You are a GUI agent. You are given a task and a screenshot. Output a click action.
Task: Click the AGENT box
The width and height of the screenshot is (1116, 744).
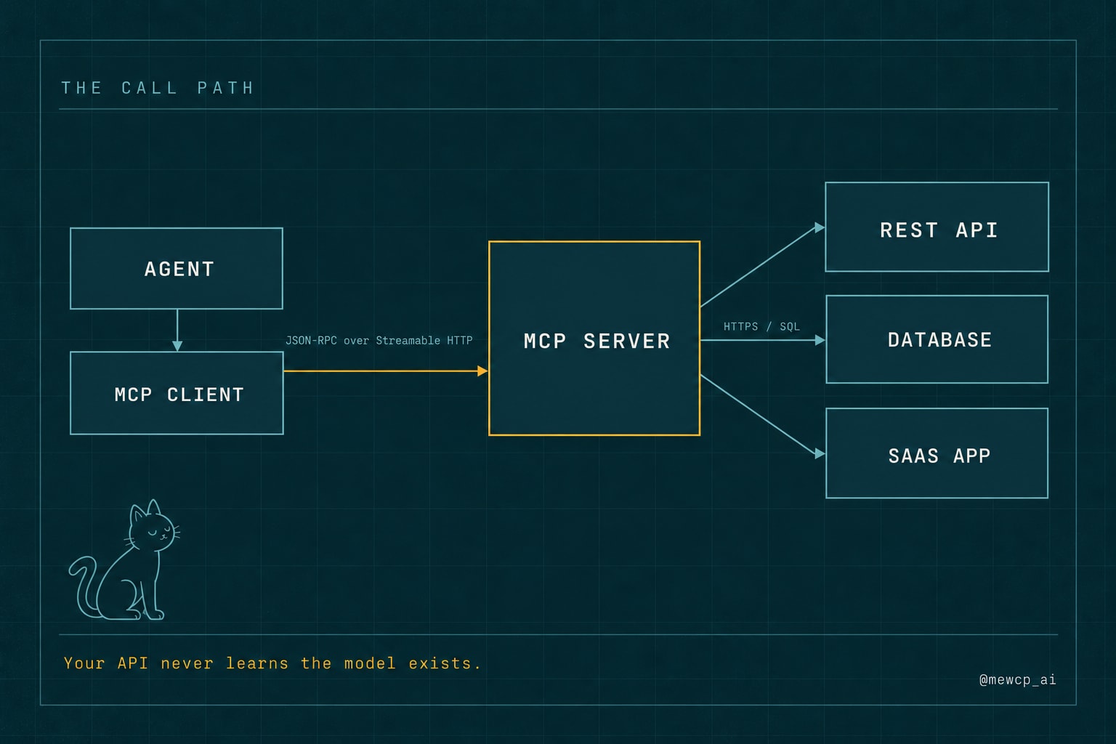[x=177, y=269]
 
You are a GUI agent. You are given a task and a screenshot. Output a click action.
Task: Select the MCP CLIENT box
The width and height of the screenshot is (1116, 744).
[x=177, y=393]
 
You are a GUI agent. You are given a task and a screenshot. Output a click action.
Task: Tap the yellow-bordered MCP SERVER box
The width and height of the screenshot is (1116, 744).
[x=594, y=339]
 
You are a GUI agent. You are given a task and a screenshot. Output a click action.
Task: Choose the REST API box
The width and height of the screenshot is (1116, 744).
[x=937, y=227]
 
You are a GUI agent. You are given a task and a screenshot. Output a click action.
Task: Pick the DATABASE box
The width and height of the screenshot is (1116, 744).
[x=937, y=339]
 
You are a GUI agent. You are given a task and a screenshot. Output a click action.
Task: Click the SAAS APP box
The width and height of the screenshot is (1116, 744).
[x=937, y=453]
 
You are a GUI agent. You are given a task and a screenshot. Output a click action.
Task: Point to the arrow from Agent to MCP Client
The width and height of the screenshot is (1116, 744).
[x=177, y=331]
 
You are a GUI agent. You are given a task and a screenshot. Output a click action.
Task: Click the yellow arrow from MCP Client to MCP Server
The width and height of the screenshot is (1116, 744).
[x=386, y=371]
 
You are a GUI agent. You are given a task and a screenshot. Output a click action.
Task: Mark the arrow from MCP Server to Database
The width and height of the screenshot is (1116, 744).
[x=763, y=340]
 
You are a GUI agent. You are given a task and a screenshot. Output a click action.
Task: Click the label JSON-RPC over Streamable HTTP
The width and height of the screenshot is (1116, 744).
[x=379, y=341]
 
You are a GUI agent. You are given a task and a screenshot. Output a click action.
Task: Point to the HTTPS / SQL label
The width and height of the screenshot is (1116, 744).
[x=761, y=327]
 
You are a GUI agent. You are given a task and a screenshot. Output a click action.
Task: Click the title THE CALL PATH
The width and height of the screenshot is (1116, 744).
[x=158, y=88]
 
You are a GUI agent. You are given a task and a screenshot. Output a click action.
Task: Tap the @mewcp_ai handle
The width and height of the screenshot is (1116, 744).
[x=1017, y=680]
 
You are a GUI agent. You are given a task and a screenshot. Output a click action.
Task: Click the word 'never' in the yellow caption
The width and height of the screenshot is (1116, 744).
[x=187, y=663]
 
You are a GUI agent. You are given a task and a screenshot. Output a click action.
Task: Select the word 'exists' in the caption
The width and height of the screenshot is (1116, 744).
[x=440, y=663]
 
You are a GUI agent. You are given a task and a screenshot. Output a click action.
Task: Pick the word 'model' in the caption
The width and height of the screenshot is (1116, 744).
[x=370, y=663]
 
